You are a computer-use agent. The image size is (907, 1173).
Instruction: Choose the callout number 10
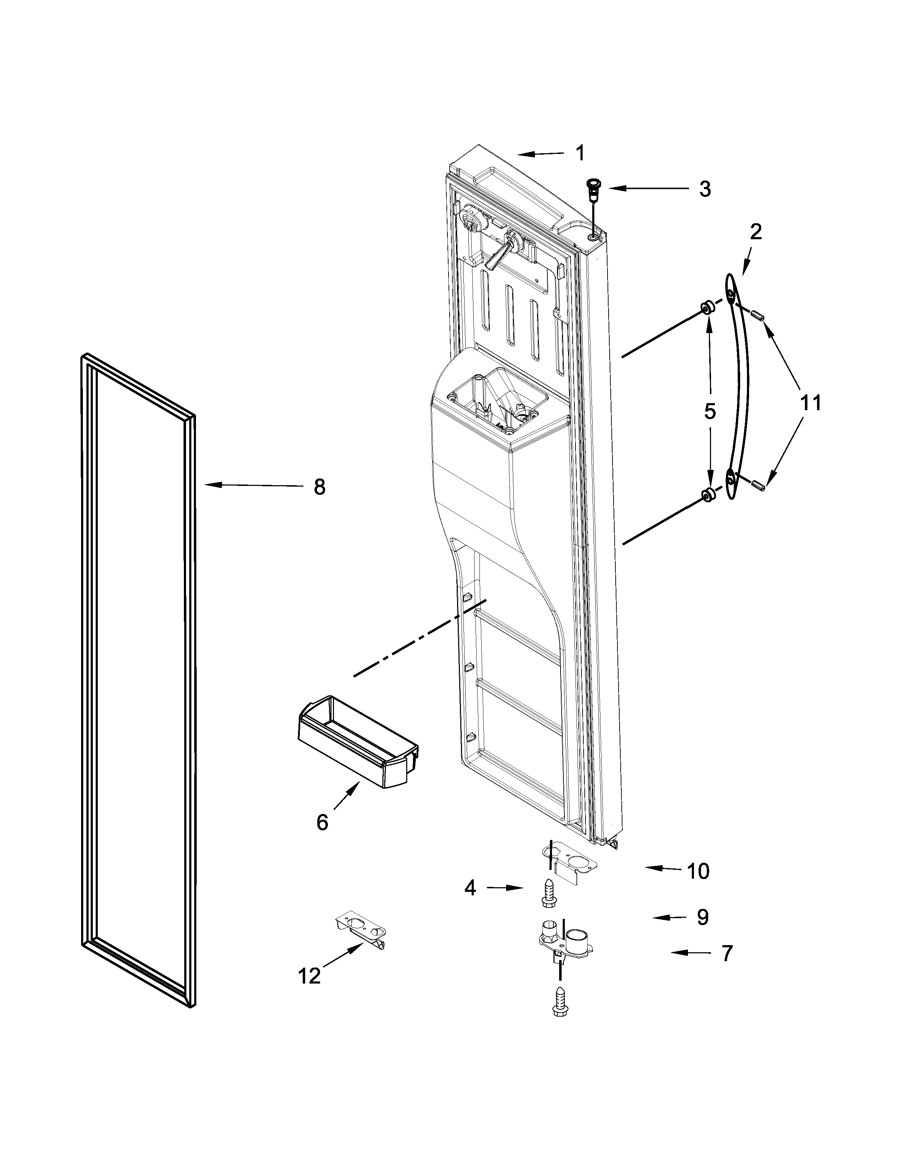(698, 871)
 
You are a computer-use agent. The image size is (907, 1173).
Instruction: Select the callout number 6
(322, 822)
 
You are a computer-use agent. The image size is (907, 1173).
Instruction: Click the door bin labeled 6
(357, 741)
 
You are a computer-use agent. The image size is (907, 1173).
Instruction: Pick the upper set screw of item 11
(758, 316)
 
